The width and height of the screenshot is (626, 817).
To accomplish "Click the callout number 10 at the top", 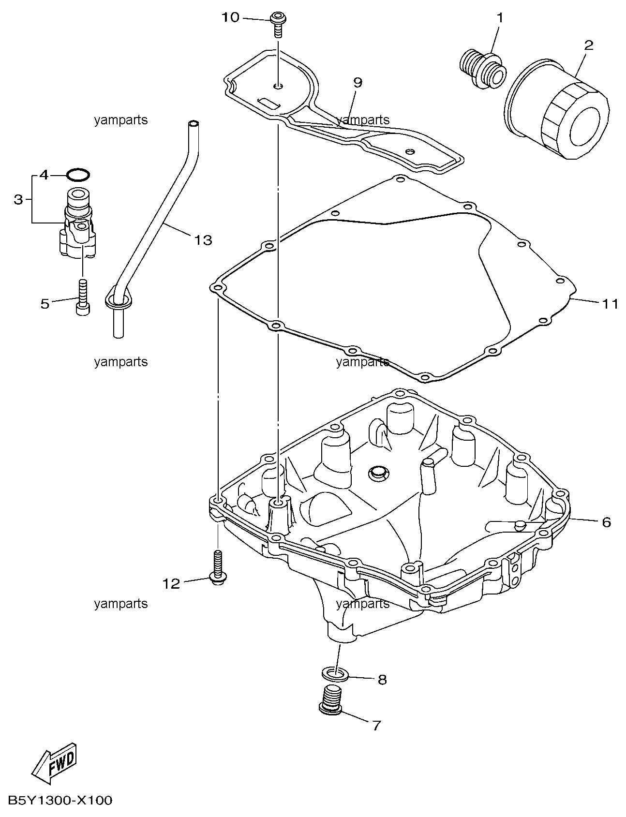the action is click(x=230, y=17).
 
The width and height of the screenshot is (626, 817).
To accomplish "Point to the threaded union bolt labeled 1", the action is click(x=482, y=71).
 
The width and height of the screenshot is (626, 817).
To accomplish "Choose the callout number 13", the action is click(x=204, y=239).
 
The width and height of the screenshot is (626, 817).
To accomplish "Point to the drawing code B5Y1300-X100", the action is click(x=60, y=801).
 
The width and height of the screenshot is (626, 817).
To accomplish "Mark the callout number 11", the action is click(x=610, y=304).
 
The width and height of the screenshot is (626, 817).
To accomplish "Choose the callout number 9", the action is click(x=358, y=82).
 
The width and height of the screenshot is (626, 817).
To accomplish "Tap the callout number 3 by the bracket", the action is click(x=18, y=199).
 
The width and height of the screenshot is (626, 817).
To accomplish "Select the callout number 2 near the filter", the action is click(x=589, y=45).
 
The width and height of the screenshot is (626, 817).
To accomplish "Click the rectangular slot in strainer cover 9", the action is click(x=269, y=103).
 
